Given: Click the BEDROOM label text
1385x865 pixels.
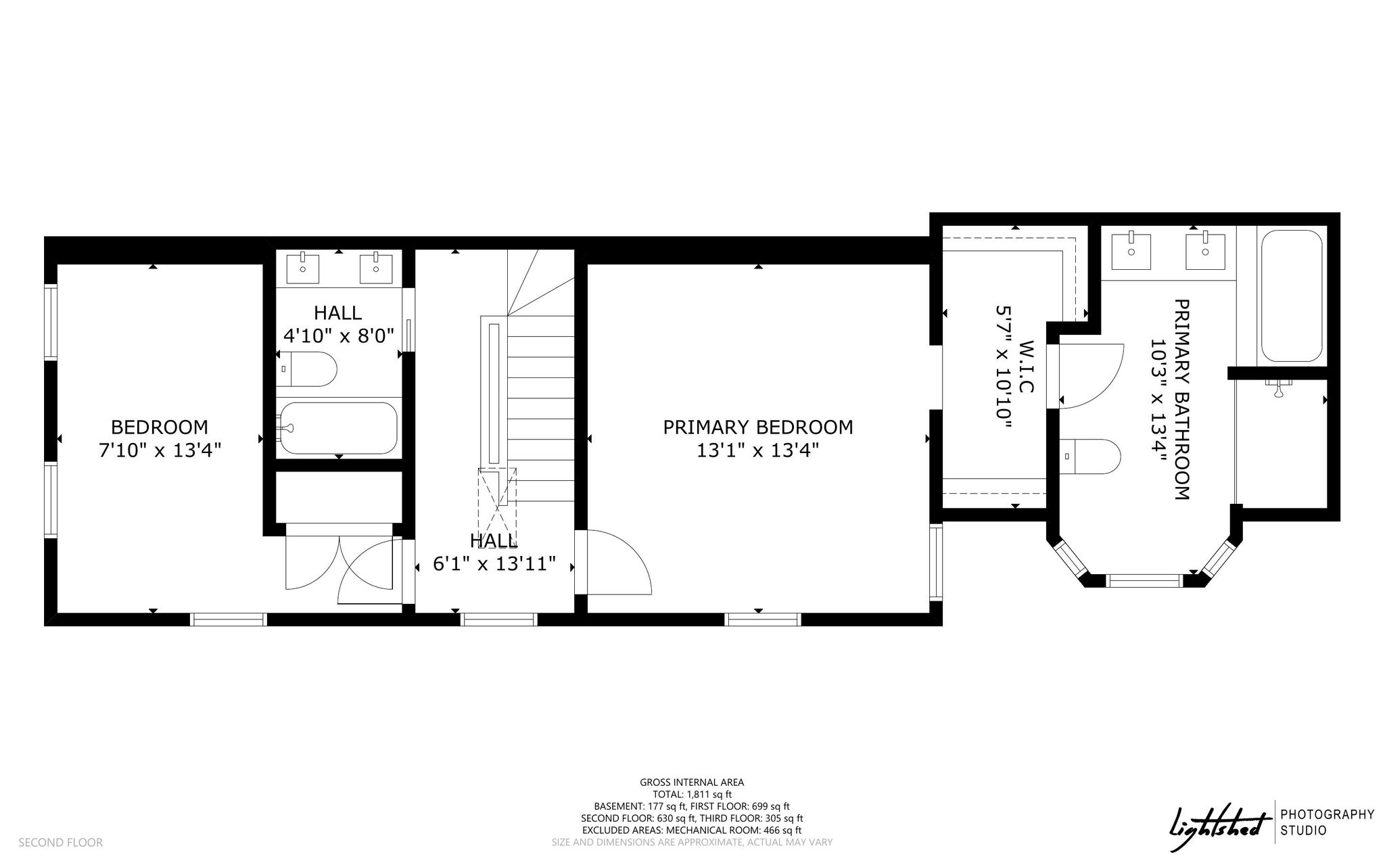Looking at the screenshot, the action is coord(160,427).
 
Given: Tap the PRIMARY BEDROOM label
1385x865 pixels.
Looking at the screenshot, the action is coord(757,427).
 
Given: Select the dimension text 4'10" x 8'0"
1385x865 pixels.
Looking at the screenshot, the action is coord(338,335).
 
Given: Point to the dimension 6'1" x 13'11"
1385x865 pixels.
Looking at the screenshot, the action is coord(494,563).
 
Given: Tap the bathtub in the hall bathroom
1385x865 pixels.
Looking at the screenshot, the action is coord(338,428).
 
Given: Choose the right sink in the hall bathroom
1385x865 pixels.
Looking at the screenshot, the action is coord(376,268).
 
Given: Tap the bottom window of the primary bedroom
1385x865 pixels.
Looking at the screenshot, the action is coord(763,619).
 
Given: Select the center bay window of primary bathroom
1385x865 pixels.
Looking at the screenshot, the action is coord(1144,580).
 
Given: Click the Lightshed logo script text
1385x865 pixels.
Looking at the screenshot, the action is coord(1217,828).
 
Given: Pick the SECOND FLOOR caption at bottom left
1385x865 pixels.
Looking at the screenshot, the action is coord(60,843).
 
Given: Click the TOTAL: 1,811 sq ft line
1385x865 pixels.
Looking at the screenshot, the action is coord(692,795).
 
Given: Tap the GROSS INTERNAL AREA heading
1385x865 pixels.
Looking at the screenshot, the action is coord(692,782).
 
